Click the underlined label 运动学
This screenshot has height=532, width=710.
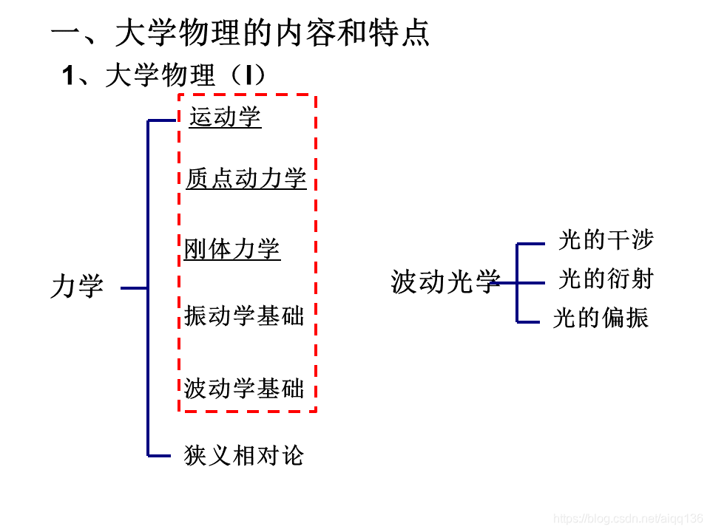(x=225, y=117)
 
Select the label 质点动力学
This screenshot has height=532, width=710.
(x=246, y=178)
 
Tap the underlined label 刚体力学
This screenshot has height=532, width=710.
(x=232, y=249)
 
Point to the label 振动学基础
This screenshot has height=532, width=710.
(x=244, y=316)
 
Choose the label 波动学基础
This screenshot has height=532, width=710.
(x=244, y=388)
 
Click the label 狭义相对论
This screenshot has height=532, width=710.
(x=243, y=455)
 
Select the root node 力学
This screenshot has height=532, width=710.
(x=77, y=287)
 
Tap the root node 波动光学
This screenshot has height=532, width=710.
(x=446, y=282)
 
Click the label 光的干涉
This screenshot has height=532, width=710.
(x=606, y=239)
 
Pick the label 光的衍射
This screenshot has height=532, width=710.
(x=606, y=279)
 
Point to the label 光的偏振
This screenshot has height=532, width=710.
(x=601, y=318)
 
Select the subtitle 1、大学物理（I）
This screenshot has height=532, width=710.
(x=163, y=75)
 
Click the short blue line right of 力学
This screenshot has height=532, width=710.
(x=134, y=288)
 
